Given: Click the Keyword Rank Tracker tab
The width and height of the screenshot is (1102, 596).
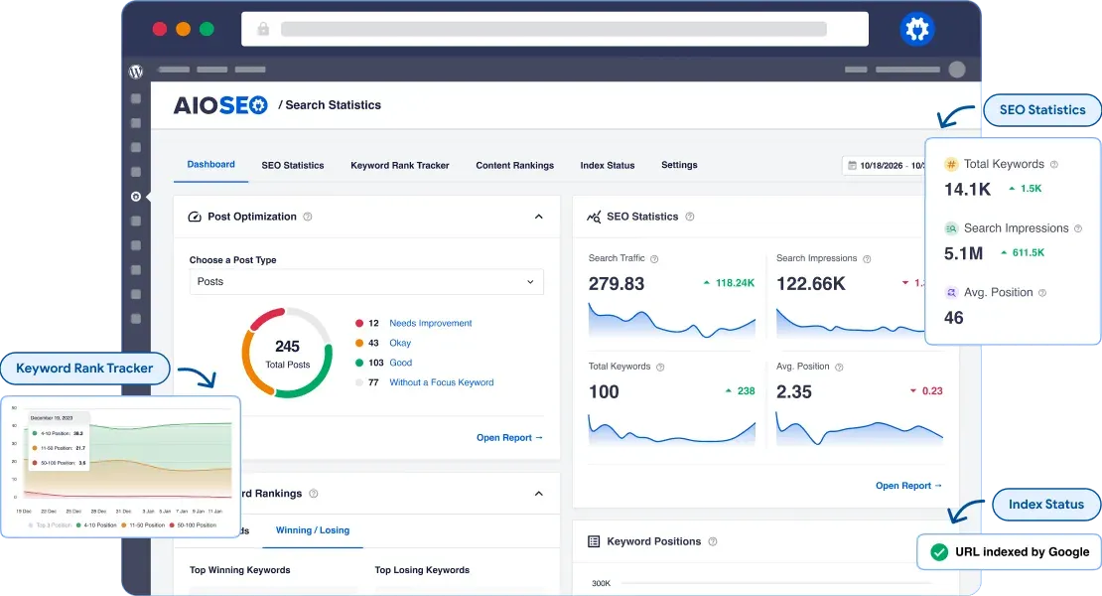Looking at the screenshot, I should pyautogui.click(x=399, y=165).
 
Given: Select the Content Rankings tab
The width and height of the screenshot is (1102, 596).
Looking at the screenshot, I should pyautogui.click(x=514, y=165).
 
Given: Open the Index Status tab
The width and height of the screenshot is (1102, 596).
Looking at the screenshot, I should pyautogui.click(x=607, y=165).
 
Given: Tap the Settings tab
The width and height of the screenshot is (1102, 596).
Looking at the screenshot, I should pyautogui.click(x=679, y=165).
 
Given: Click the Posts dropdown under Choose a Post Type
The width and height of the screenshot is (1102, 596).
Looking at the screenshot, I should pyautogui.click(x=366, y=281).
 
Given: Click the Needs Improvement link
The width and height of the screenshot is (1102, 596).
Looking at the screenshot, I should pyautogui.click(x=430, y=323).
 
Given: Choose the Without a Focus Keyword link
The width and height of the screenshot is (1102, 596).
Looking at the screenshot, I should pyautogui.click(x=441, y=382).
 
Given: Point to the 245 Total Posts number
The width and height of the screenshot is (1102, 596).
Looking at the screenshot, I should pyautogui.click(x=287, y=347).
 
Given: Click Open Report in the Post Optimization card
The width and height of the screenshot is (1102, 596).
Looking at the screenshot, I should pyautogui.click(x=509, y=437).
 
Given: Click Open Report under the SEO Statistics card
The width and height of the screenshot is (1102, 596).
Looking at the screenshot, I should pyautogui.click(x=908, y=486).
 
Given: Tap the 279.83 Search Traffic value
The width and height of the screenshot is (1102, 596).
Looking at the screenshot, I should pyautogui.click(x=617, y=283).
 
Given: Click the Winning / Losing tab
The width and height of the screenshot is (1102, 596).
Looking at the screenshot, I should pyautogui.click(x=313, y=529).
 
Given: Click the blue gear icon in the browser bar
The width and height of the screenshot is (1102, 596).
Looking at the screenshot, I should pyautogui.click(x=917, y=30).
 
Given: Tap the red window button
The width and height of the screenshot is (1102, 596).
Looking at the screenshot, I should pyautogui.click(x=159, y=29).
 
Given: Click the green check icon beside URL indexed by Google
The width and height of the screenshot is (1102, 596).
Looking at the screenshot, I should pyautogui.click(x=938, y=551).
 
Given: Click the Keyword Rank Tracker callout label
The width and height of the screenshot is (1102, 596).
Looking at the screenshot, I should pyautogui.click(x=84, y=368).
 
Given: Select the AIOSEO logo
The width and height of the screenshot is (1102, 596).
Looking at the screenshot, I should pyautogui.click(x=220, y=105).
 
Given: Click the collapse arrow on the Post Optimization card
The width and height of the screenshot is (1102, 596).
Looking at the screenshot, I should pyautogui.click(x=539, y=217).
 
